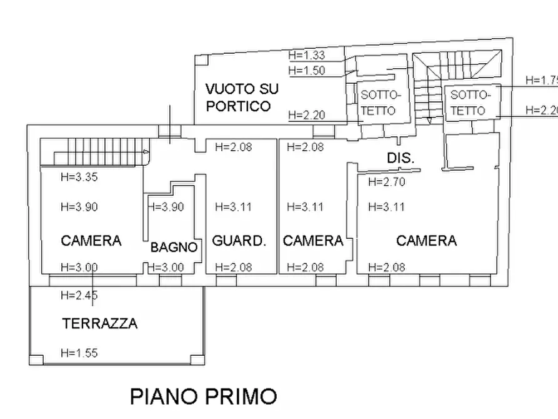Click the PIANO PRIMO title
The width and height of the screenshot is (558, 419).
[203, 396]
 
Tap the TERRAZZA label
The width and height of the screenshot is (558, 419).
[99, 323]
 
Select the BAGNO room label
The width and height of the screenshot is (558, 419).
[174, 247]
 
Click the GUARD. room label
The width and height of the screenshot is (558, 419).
[239, 241]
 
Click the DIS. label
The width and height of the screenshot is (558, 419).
[400, 158]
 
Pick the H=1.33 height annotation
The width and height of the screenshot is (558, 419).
[307, 55]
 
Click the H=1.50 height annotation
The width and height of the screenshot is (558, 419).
[307, 70]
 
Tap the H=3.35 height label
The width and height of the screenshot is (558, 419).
[79, 177]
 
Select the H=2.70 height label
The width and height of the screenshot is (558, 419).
[387, 182]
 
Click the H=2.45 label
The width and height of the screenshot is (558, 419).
[79, 295]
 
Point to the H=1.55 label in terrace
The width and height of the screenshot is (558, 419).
[79, 353]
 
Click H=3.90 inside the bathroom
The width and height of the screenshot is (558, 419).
[166, 207]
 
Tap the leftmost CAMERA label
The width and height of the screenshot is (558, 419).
[91, 240]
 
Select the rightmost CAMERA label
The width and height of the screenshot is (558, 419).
[426, 240]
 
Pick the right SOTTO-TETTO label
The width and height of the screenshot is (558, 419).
[471, 103]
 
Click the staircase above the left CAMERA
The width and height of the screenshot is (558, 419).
[94, 152]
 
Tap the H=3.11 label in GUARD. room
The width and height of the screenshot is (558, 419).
[232, 207]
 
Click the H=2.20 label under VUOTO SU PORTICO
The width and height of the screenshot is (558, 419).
[306, 114]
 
